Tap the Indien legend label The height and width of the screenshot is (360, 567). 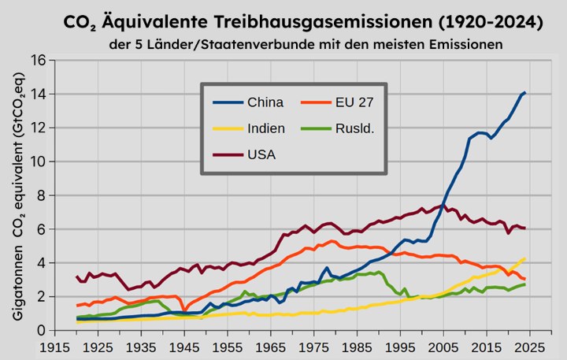pos(265,128)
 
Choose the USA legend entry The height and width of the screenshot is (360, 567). pos(261,153)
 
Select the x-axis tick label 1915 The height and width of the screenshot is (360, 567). pos(54,347)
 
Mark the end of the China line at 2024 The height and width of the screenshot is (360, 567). pos(525,93)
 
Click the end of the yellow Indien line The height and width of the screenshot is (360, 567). pos(524,258)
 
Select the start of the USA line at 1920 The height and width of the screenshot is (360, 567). pos(76,276)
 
